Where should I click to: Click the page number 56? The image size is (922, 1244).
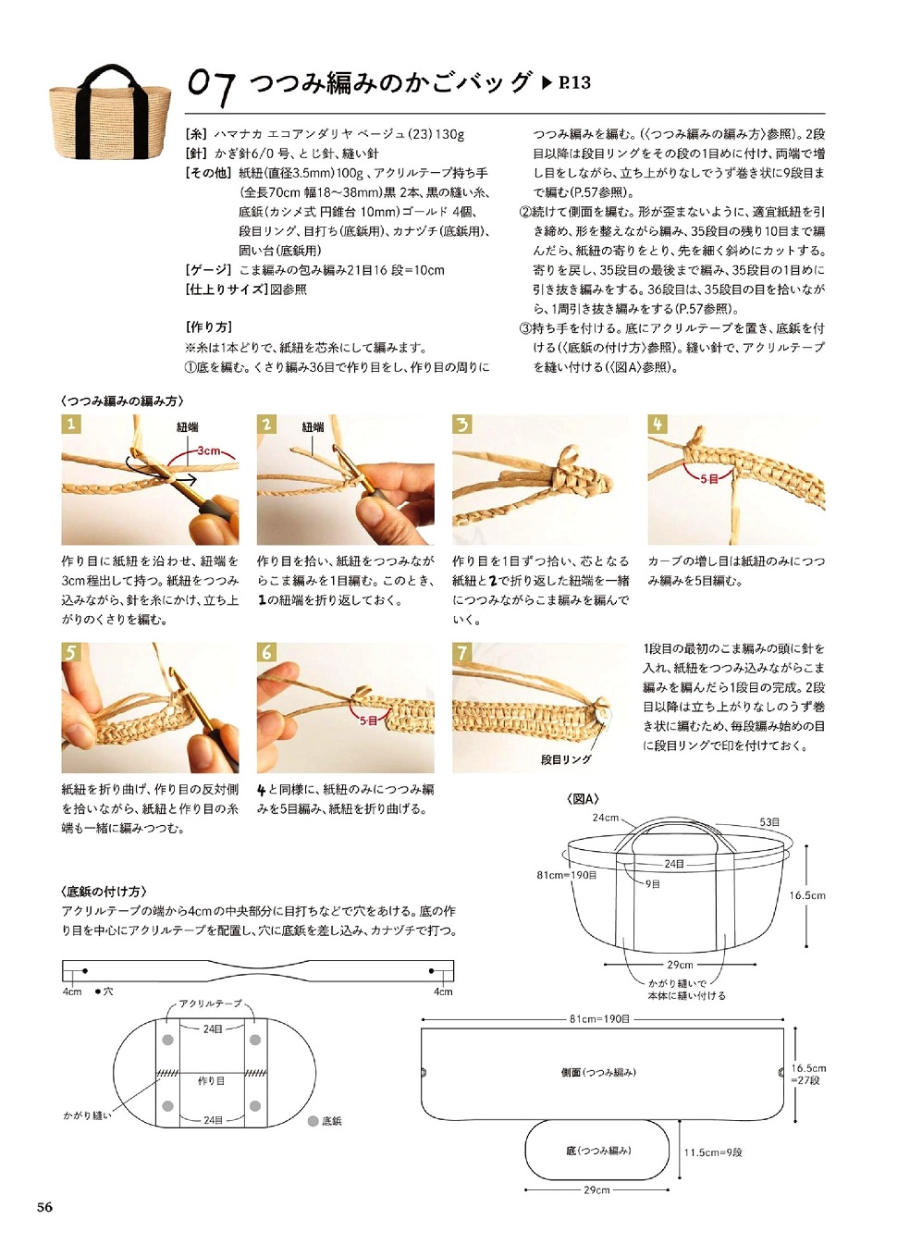(44, 1206)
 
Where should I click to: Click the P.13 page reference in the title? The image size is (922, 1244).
(573, 83)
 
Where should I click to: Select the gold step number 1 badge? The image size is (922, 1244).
(71, 424)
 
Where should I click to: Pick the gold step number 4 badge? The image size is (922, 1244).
(658, 424)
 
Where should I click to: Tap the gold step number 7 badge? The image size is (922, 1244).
(462, 652)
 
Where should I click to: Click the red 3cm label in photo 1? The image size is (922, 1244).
(208, 450)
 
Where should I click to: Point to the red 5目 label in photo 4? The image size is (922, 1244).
(709, 479)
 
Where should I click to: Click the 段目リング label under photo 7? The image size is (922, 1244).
(566, 759)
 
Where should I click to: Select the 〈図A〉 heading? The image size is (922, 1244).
(583, 799)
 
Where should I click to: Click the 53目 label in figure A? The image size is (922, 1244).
(769, 821)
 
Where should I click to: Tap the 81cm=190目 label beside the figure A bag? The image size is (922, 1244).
(567, 874)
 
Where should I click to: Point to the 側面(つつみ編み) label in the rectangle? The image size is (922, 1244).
(599, 1071)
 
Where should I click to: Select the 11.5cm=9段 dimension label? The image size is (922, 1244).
(713, 1152)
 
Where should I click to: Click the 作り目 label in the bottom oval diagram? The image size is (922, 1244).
(211, 1080)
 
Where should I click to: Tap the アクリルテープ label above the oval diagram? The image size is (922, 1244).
(210, 1003)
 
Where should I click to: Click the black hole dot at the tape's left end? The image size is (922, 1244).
(85, 971)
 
